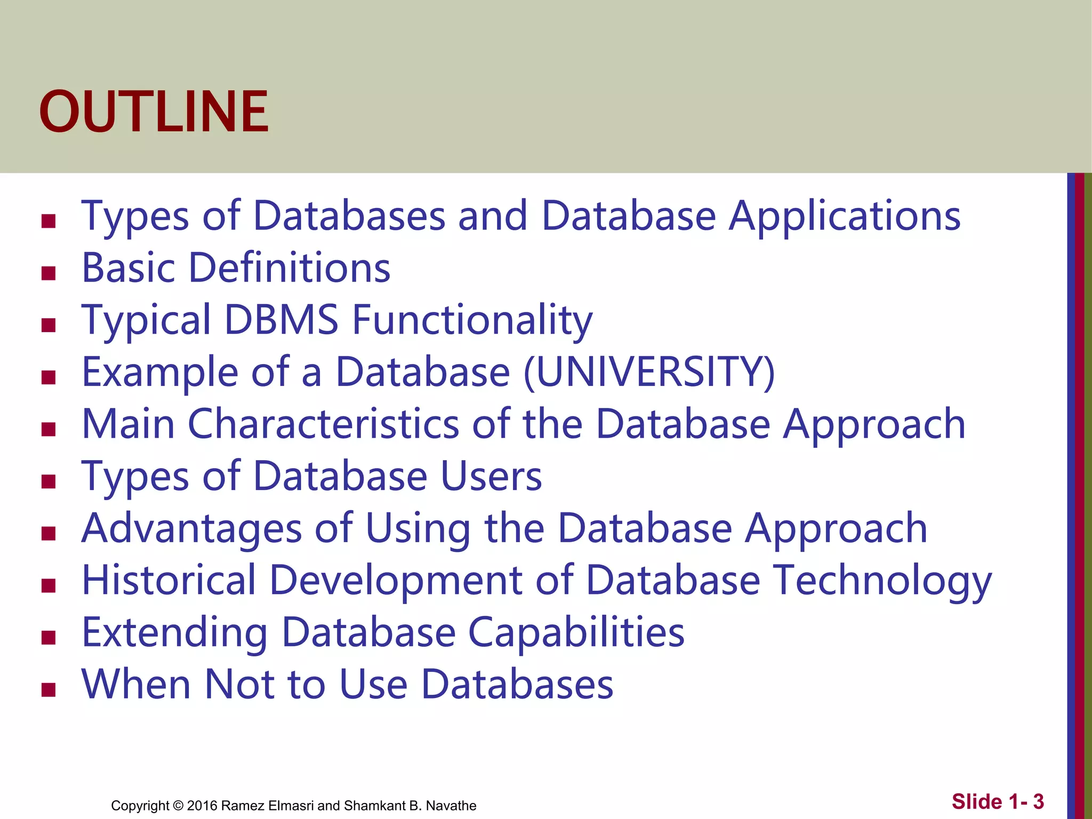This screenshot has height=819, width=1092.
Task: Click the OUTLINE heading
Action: (154, 112)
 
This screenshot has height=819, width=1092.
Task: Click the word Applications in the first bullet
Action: (845, 216)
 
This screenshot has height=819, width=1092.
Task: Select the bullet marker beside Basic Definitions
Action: (49, 273)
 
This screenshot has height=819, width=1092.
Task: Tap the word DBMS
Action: (281, 320)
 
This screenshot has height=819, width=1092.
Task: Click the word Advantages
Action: (191, 528)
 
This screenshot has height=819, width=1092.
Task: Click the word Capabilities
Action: (576, 632)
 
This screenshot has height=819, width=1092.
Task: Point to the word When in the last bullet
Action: (136, 684)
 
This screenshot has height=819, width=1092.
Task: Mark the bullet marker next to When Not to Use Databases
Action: (49, 690)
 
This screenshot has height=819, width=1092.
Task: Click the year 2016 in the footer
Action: (202, 806)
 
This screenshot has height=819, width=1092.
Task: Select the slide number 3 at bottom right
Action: (1038, 801)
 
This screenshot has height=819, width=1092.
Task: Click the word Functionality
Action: (472, 320)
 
